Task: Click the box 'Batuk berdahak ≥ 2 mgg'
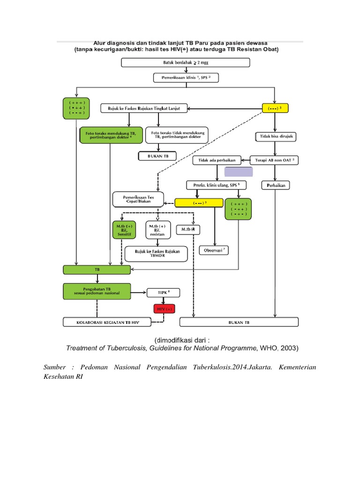(186, 63)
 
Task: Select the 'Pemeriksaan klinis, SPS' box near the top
(186, 77)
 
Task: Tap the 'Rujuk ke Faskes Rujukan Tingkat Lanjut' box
(144, 109)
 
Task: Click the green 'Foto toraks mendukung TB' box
(110, 136)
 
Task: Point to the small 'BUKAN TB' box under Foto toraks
(157, 156)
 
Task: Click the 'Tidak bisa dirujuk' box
(277, 136)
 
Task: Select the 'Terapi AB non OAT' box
(275, 160)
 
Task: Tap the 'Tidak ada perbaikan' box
(217, 160)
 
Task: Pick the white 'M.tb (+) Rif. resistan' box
(157, 230)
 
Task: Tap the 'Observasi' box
(214, 250)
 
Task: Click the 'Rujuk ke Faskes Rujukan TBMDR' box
(157, 254)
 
